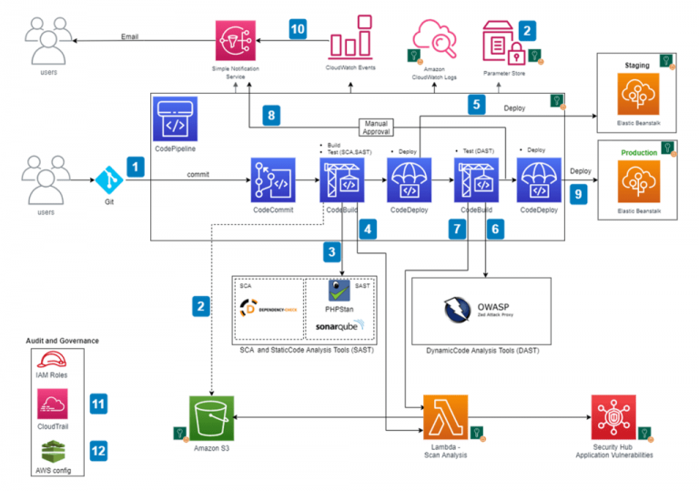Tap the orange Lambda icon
[x=445, y=417]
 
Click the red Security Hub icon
[x=613, y=417]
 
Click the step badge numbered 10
[x=298, y=27]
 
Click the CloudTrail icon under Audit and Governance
[x=51, y=401]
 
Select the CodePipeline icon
[x=175, y=116]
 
